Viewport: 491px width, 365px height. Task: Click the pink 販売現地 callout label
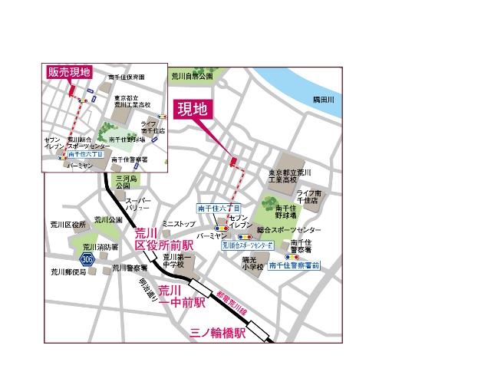coord(69,72)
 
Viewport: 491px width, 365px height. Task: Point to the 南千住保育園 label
coord(126,77)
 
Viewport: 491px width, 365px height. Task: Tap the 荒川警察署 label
coord(126,268)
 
